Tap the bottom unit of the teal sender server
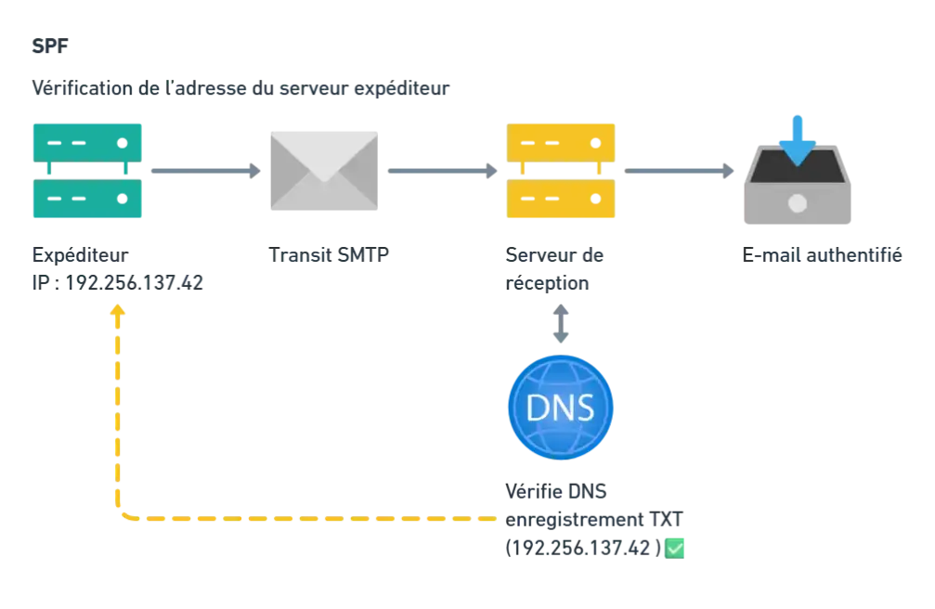[88, 199]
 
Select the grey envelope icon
[323, 171]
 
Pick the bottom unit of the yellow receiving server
[560, 199]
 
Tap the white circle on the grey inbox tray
[797, 201]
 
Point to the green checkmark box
[675, 549]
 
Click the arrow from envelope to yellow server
[442, 171]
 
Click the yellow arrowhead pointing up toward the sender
[117, 309]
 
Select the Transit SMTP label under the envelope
[324, 254]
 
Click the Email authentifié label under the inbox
[823, 254]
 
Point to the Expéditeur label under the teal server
[81, 253]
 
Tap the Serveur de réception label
[557, 266]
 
